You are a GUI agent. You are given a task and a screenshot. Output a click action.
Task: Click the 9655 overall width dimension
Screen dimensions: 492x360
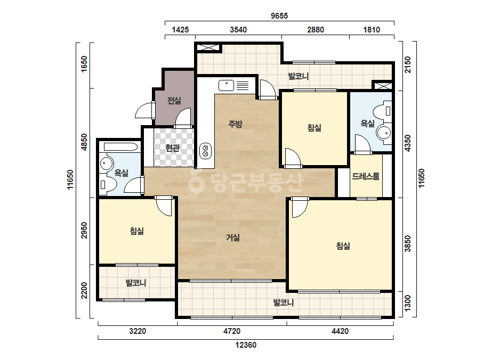coord(279,15)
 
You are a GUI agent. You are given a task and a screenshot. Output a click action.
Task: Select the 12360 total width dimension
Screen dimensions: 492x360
coord(246,345)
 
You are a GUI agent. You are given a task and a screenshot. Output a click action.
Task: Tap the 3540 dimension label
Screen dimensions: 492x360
coord(238,30)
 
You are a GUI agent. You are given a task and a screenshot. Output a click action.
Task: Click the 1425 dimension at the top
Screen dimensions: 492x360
coord(180,30)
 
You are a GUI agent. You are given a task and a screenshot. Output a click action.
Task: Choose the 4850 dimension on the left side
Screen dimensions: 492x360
coord(84,142)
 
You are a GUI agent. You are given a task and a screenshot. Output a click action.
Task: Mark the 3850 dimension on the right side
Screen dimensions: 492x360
coord(408,243)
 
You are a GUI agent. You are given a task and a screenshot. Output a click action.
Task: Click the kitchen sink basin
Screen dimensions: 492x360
coord(226,85)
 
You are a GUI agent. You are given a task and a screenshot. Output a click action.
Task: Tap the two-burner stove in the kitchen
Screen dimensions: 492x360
coord(206,151)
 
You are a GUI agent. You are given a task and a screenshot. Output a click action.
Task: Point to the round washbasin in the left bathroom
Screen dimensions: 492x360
coord(107,163)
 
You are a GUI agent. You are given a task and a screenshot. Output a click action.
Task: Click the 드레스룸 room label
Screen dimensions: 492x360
coord(366,176)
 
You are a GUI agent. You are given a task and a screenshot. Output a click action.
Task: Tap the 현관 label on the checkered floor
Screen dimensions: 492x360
coord(172,148)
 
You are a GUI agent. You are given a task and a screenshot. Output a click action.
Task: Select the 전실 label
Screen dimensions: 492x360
coord(174,101)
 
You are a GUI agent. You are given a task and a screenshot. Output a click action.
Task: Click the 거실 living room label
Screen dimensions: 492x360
coord(233,238)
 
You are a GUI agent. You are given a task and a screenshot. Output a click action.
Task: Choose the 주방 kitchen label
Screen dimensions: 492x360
coord(235,124)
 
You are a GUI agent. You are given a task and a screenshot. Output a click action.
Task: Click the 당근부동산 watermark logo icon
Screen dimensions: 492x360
coord(196,182)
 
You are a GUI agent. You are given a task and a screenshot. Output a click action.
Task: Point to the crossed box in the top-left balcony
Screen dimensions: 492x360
coord(208,48)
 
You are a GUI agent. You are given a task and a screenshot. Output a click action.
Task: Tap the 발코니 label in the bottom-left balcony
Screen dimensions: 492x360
coord(136,283)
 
